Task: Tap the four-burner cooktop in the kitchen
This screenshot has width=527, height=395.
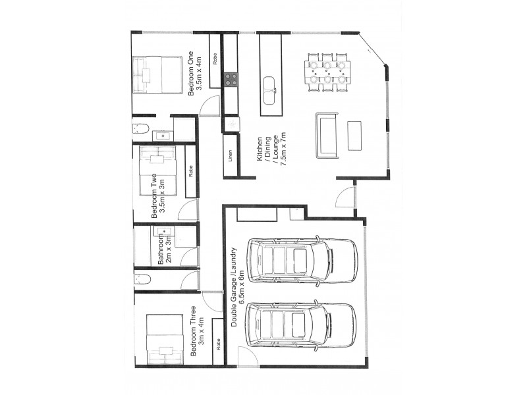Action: [231, 79]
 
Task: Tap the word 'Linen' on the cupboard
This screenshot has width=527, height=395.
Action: [230, 156]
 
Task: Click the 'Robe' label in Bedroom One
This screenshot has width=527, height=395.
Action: [215, 59]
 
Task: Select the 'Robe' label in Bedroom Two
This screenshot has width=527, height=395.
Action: [191, 172]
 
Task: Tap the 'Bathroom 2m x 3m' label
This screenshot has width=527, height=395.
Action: [165, 250]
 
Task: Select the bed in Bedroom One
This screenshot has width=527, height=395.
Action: [157, 74]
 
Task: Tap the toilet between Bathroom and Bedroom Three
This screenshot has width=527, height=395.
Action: [143, 279]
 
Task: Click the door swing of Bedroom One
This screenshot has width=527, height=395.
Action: [209, 105]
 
